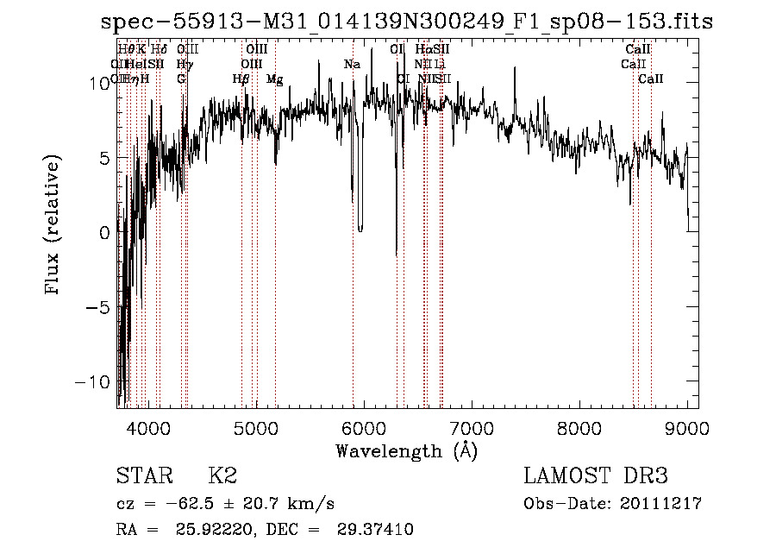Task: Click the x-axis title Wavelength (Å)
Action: [x=406, y=450]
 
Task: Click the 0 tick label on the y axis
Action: [x=103, y=232]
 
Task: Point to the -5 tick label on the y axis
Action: [x=99, y=307]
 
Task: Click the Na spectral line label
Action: [x=352, y=65]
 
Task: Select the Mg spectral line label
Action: [x=274, y=79]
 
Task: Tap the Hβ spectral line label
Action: [x=241, y=79]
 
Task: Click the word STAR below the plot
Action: [x=143, y=476]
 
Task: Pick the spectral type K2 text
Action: [x=222, y=476]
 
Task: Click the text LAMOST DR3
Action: [x=596, y=476]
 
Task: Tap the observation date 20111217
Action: [x=660, y=504]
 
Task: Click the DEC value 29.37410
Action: [x=378, y=530]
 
